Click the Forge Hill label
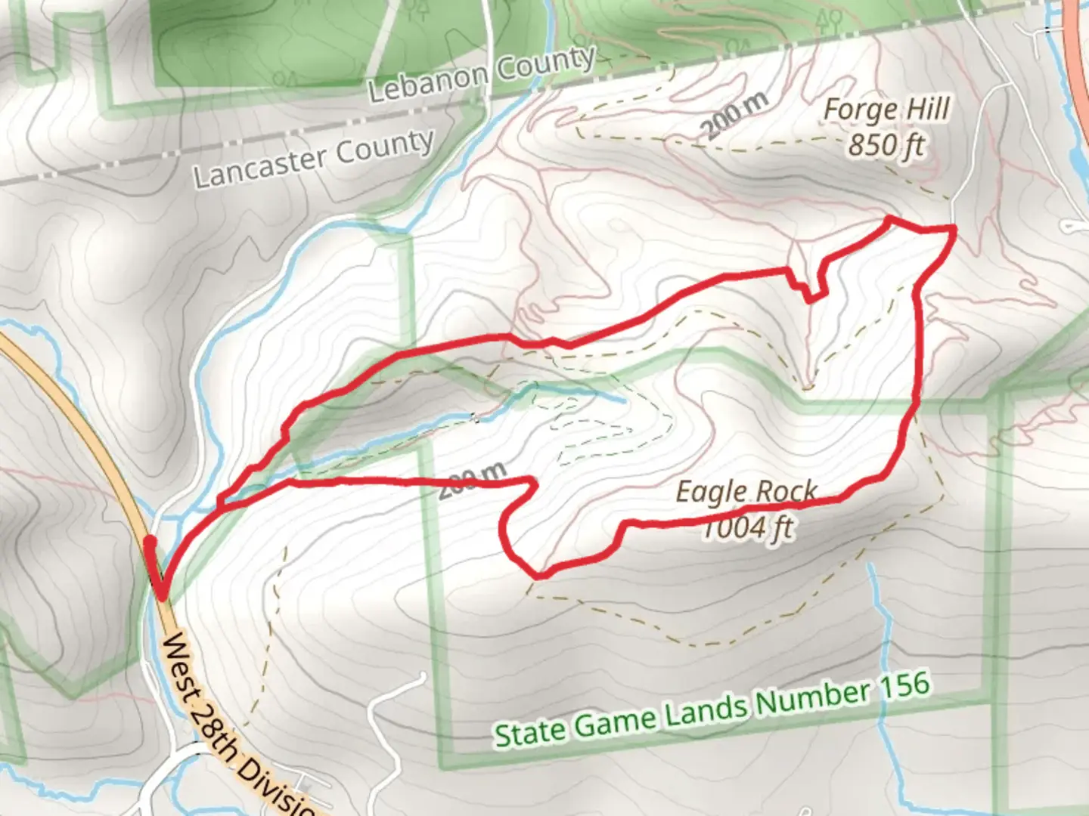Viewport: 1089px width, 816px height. (x=886, y=110)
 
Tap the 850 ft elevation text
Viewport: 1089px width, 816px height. (x=886, y=144)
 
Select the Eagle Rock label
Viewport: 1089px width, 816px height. (x=746, y=492)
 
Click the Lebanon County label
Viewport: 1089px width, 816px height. (x=482, y=74)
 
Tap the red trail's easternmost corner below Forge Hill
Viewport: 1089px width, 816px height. (x=953, y=229)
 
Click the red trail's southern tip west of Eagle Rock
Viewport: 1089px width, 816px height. (x=538, y=574)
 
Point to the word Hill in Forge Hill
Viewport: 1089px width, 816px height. (x=928, y=108)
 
